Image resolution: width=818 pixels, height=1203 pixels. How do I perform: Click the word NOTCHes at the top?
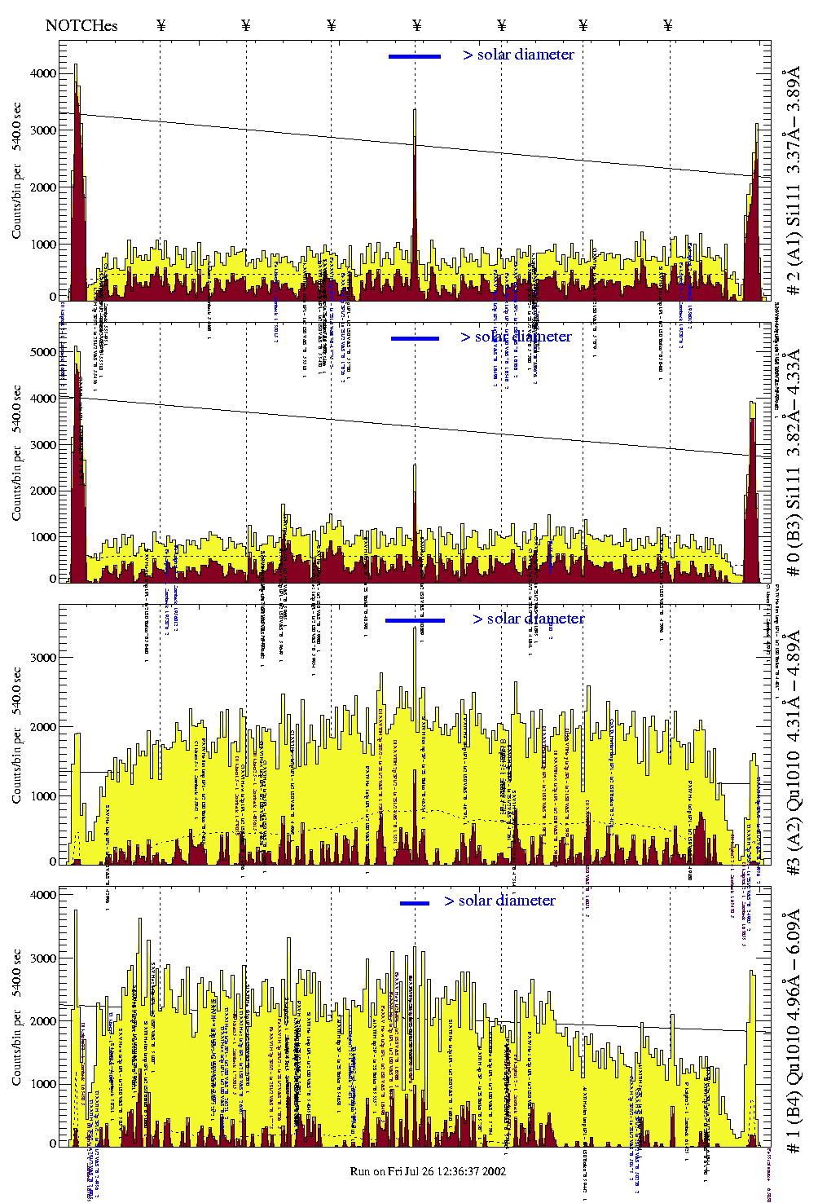(81, 25)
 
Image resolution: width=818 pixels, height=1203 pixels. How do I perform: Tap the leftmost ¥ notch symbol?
(161, 25)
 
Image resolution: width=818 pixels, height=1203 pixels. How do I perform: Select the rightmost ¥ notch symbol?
(668, 25)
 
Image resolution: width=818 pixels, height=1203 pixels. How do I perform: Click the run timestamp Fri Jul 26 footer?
(428, 1171)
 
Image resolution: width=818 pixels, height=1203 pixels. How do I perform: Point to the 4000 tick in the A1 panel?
(42, 73)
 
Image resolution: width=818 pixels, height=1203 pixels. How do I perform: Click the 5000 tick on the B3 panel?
(42, 352)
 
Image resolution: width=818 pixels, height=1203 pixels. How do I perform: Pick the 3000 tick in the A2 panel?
(42, 658)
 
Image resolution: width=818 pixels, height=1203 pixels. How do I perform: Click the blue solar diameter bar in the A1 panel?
(415, 56)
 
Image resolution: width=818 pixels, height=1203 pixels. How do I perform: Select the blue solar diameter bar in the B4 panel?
(415, 903)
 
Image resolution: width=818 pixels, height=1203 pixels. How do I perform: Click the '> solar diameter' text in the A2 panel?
(528, 619)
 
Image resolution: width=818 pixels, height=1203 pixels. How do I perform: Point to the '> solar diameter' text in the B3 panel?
(516, 337)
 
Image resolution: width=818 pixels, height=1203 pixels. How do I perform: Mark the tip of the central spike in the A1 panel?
(415, 110)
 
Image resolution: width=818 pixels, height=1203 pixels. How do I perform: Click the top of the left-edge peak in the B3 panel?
(76, 347)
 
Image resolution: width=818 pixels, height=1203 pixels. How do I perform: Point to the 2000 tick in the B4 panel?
(42, 1020)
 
